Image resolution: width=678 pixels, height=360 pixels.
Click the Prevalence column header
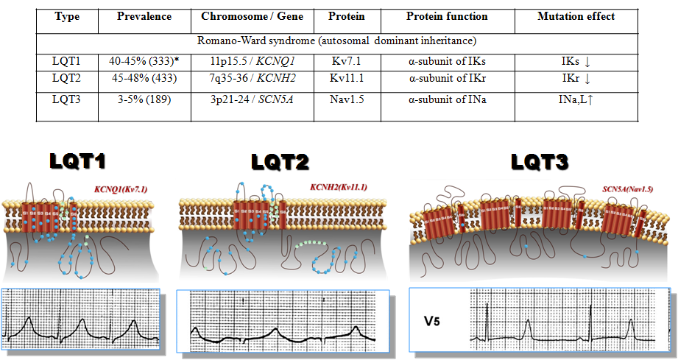click(144, 15)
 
